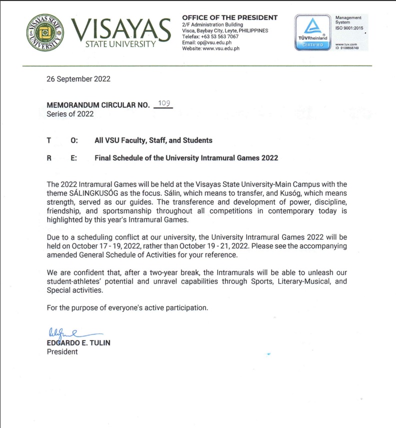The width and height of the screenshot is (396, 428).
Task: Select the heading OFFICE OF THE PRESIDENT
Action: (x=230, y=17)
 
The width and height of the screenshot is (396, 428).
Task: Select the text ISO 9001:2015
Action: (x=350, y=27)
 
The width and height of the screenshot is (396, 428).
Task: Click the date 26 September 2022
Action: (x=78, y=78)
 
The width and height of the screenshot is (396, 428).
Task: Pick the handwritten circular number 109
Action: (x=164, y=103)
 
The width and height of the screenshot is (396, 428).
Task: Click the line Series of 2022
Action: (x=70, y=114)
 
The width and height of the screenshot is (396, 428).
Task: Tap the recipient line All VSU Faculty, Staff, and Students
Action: (x=153, y=140)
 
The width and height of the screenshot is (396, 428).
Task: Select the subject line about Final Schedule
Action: (x=186, y=158)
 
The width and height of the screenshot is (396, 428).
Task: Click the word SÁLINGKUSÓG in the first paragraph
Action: (x=101, y=193)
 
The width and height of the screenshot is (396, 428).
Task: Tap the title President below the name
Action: (x=62, y=352)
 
